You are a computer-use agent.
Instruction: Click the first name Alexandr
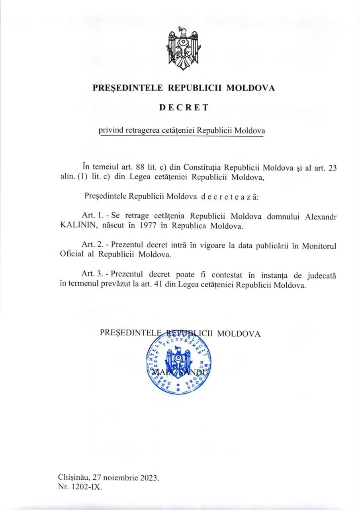(319, 216)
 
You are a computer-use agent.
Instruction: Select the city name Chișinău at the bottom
(74, 477)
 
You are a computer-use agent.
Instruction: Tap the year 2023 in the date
(150, 477)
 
